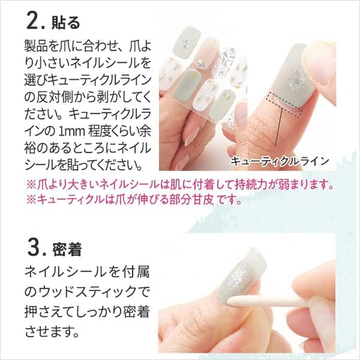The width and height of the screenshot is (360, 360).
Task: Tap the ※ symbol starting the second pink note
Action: pyautogui.click(x=31, y=199)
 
